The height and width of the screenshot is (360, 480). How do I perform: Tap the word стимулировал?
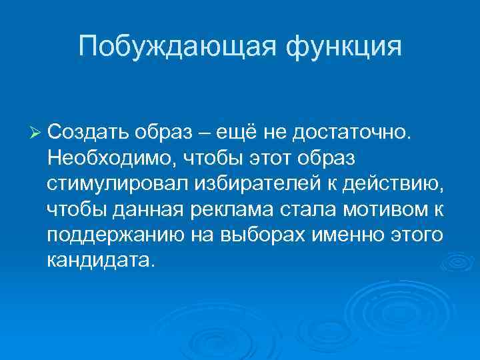113,186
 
